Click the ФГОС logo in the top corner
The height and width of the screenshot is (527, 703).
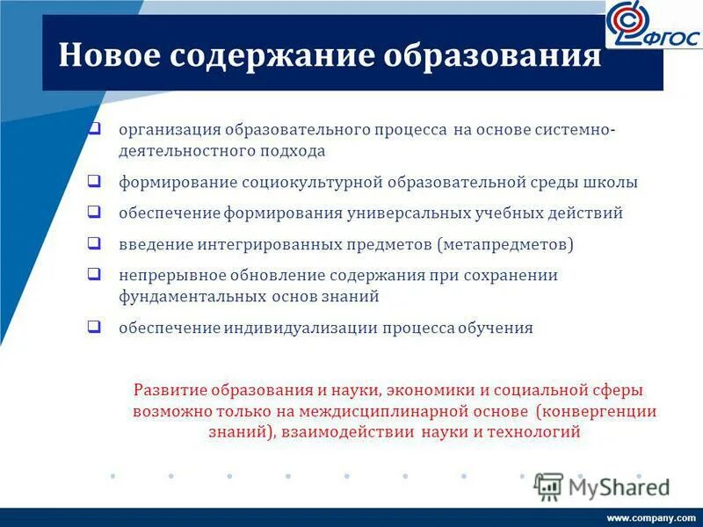(653, 26)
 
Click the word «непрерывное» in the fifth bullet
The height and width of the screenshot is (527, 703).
(164, 276)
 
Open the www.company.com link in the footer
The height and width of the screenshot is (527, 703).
(651, 517)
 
